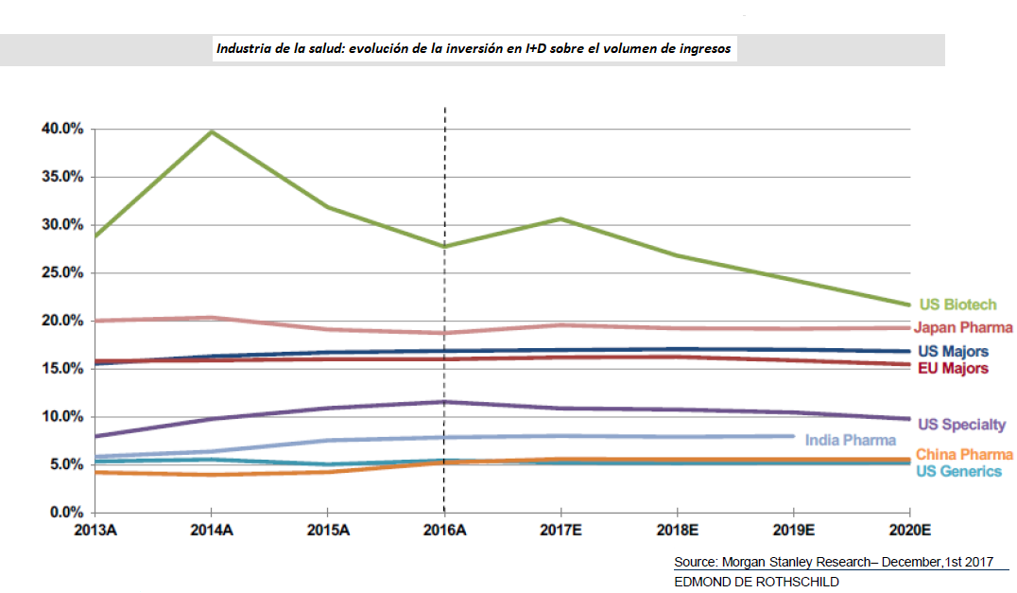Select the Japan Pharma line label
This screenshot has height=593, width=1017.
963,327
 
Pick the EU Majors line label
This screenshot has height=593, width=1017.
953,368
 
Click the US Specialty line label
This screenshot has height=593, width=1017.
962,425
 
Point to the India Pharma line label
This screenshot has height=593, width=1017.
851,440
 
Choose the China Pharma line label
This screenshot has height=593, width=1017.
964,455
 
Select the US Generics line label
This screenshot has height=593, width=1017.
958,471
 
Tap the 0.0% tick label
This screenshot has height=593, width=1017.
66,513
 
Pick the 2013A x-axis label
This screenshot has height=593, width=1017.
95,530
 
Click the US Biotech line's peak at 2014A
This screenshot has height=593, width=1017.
212,131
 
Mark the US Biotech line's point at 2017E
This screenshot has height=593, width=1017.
560,218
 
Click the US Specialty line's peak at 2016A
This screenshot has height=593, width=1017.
444,402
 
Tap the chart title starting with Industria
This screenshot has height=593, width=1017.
474,48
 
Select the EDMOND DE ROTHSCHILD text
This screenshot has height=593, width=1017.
756,581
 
